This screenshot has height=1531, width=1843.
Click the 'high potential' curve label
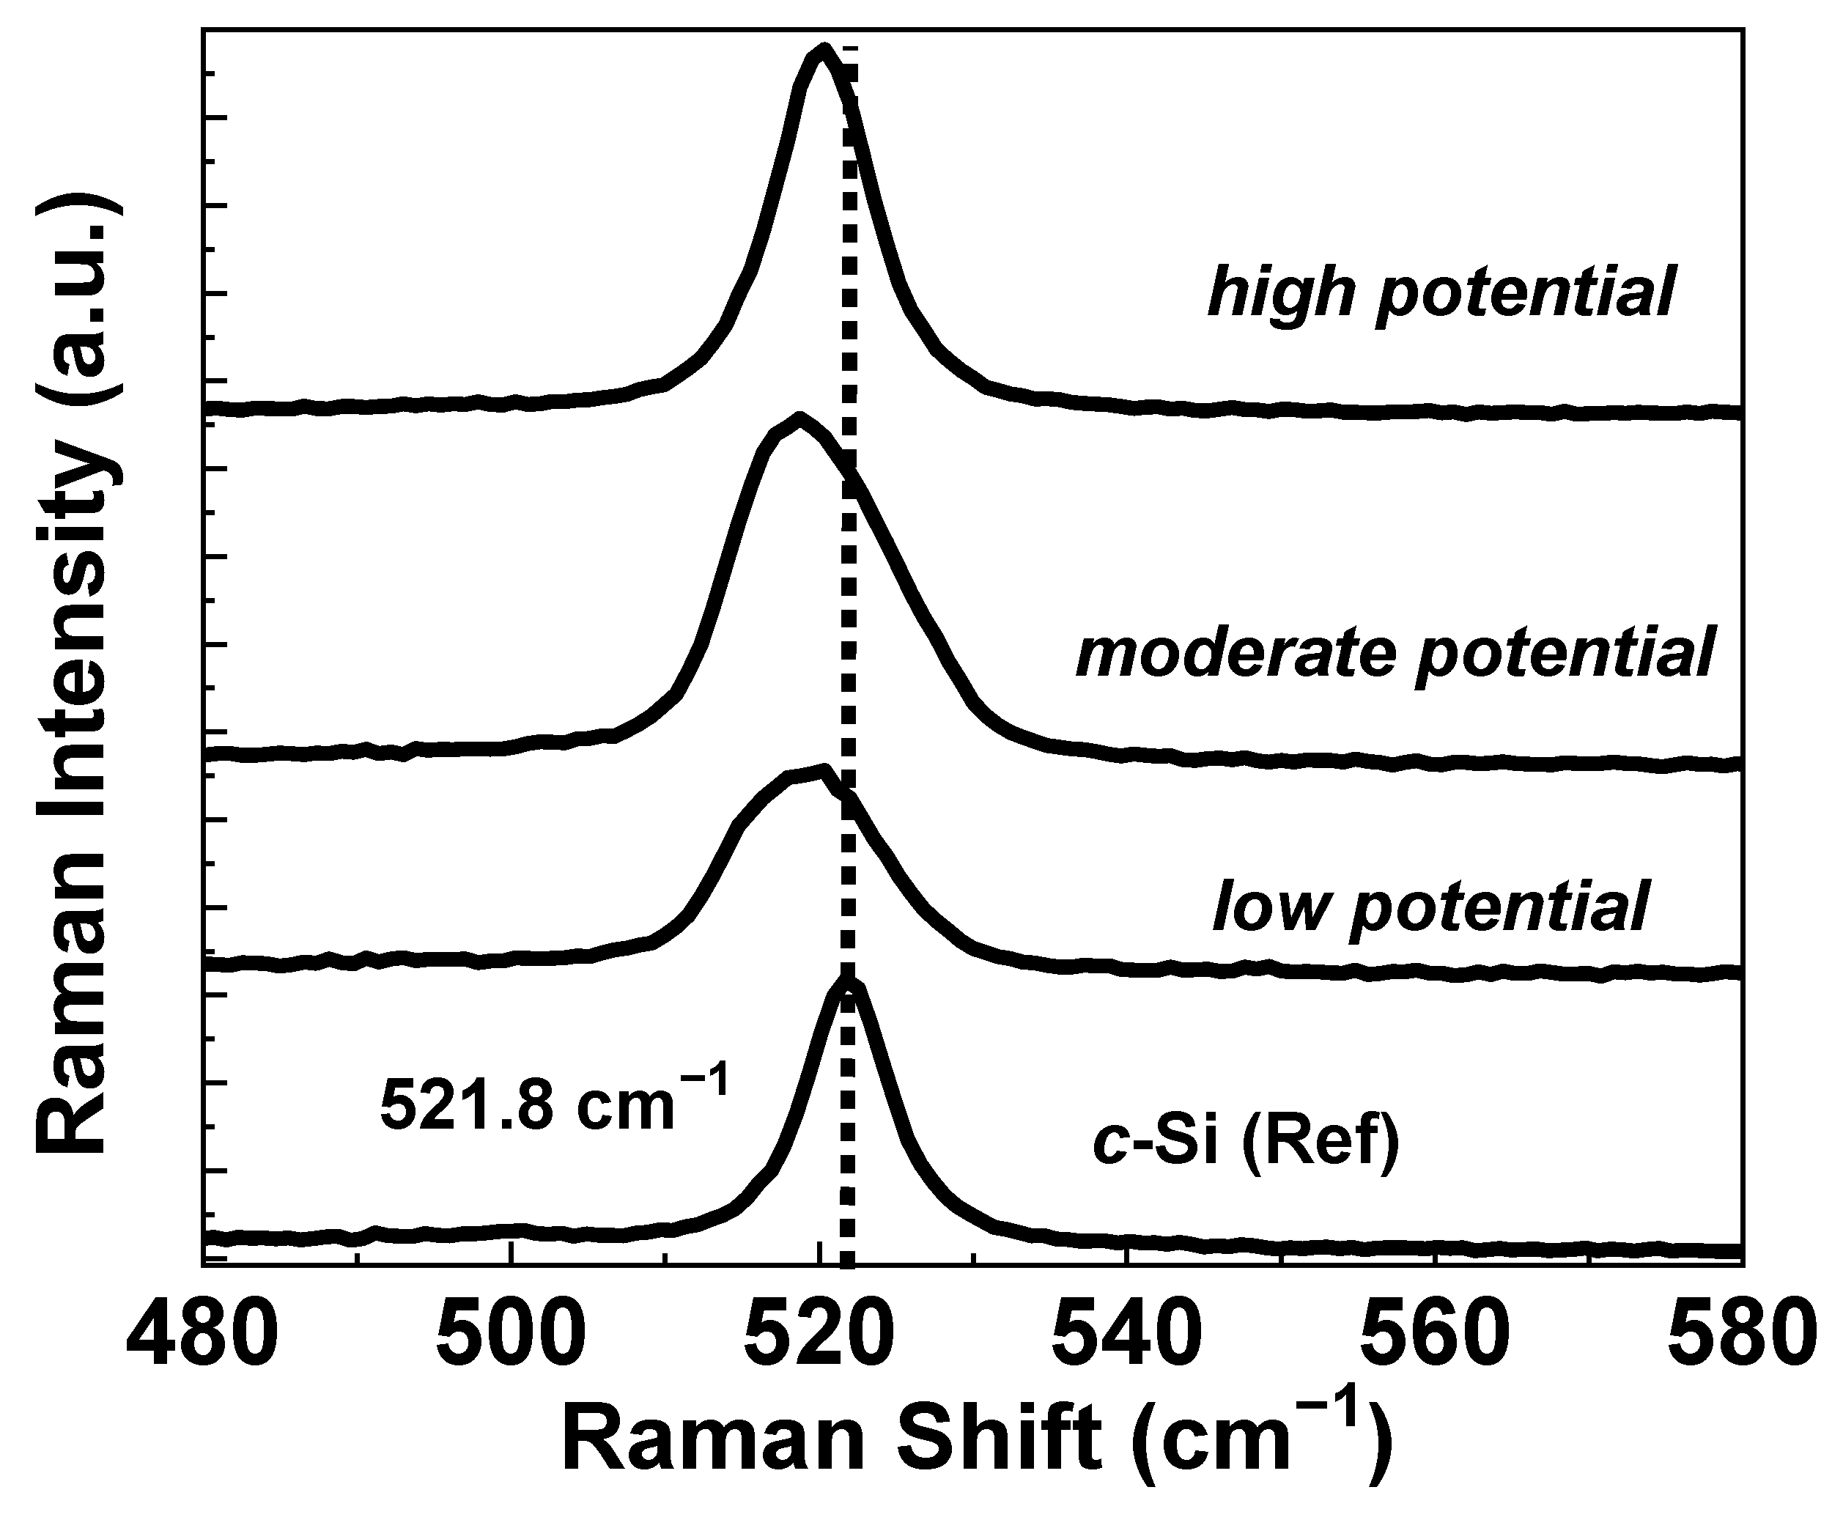click(x=1441, y=294)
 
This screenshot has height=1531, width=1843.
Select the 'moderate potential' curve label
click(x=1395, y=654)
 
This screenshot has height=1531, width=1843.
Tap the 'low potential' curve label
click(x=1430, y=909)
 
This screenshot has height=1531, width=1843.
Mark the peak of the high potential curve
click(x=822, y=49)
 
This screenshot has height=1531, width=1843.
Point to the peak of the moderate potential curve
click(x=799, y=418)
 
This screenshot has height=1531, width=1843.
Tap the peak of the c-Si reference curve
click(x=848, y=984)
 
